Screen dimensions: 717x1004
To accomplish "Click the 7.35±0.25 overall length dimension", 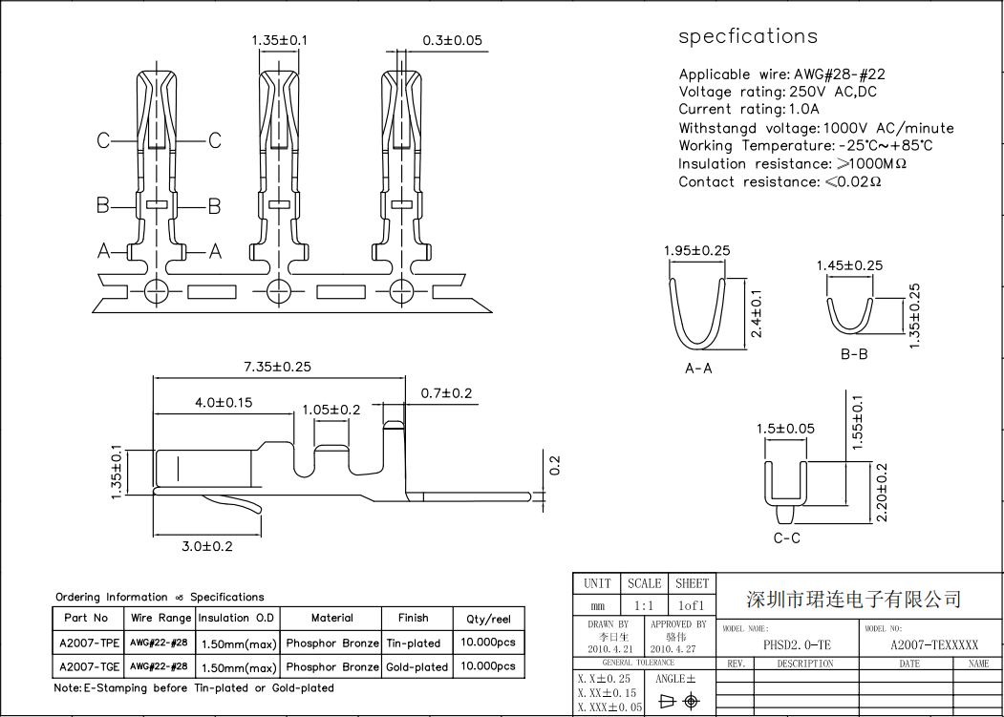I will (x=278, y=367).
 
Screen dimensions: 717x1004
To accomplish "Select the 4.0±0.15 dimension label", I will (x=224, y=403).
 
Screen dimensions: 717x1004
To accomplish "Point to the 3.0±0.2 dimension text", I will (x=207, y=546).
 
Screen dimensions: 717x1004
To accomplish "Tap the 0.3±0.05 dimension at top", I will (x=452, y=40).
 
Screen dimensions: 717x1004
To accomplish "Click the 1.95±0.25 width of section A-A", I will (x=696, y=250).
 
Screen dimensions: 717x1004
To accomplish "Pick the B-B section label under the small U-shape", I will (x=854, y=354).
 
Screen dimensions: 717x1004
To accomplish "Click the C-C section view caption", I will (x=787, y=538).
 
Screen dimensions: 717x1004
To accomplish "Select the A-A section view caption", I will (x=698, y=368).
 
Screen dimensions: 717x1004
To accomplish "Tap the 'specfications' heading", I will (x=748, y=36).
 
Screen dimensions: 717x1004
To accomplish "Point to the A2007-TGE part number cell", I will (x=90, y=666).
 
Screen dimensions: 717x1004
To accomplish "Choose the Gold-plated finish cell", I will (x=417, y=667).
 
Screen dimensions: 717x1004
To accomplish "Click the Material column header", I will (x=331, y=618).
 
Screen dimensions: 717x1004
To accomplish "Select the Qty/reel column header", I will (x=488, y=619).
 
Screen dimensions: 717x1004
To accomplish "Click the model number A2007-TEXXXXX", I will (x=934, y=644).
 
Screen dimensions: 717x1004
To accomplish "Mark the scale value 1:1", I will (x=644, y=605).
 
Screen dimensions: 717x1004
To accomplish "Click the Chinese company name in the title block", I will (x=853, y=600).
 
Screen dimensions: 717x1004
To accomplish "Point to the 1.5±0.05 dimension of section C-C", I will (x=785, y=429).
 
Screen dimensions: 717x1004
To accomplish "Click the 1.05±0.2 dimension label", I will (x=331, y=410).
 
